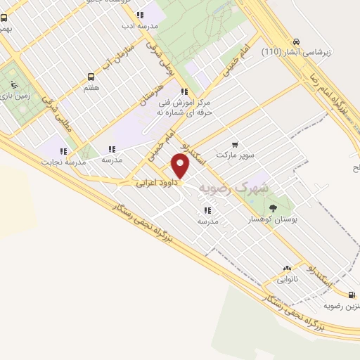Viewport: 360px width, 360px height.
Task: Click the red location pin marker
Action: pyautogui.click(x=181, y=166)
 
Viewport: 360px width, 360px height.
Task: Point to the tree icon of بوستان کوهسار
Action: pyautogui.click(x=274, y=207)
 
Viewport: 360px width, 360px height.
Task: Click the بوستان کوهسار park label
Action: pyautogui.click(x=274, y=220)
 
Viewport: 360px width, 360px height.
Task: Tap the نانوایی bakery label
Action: pyautogui.click(x=287, y=279)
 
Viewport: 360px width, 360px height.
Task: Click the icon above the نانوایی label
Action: pyautogui.click(x=287, y=268)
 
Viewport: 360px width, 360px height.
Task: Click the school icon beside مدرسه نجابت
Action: pyautogui.click(x=64, y=150)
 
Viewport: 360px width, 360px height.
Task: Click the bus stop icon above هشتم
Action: pyautogui.click(x=91, y=77)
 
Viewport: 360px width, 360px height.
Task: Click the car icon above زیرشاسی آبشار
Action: pyautogui.click(x=297, y=41)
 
